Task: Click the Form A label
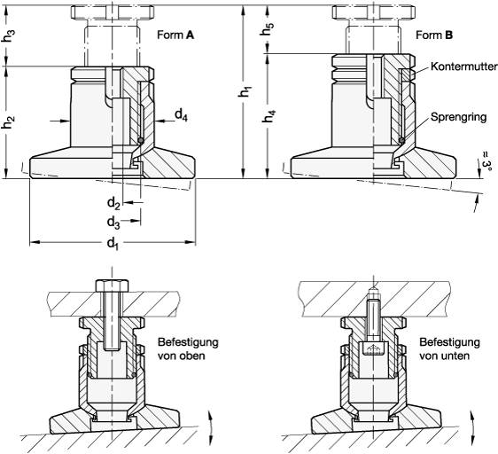pos(175,35)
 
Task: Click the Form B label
pos(434,35)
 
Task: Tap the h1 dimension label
pos(245,91)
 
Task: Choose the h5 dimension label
pos(268,29)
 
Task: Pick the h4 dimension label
pos(268,116)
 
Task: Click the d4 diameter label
pos(181,115)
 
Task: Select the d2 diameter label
pos(113,203)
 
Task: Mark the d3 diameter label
pos(113,223)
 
